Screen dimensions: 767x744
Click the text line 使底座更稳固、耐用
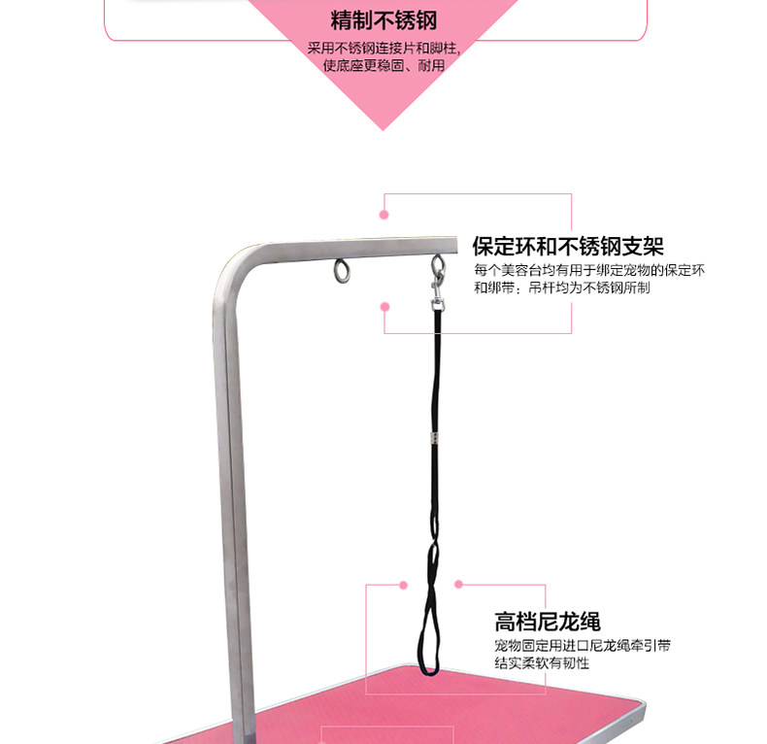pos(383,65)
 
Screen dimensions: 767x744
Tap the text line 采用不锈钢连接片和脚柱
pos(383,48)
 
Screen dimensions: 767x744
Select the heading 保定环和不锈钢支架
pos(568,246)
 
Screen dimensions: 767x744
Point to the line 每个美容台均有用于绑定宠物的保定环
pos(589,270)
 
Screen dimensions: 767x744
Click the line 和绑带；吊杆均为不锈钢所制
pos(561,288)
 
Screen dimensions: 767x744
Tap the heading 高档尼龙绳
pos(547,622)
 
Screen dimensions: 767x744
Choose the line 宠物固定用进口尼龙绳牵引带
pos(582,646)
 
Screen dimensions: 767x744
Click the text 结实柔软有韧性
pos(541,664)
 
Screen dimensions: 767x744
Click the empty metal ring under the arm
pos(342,271)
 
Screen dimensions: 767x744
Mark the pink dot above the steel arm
pos(384,214)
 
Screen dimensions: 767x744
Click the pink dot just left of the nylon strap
pos(404,585)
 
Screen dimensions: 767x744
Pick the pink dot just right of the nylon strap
pos(459,585)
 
